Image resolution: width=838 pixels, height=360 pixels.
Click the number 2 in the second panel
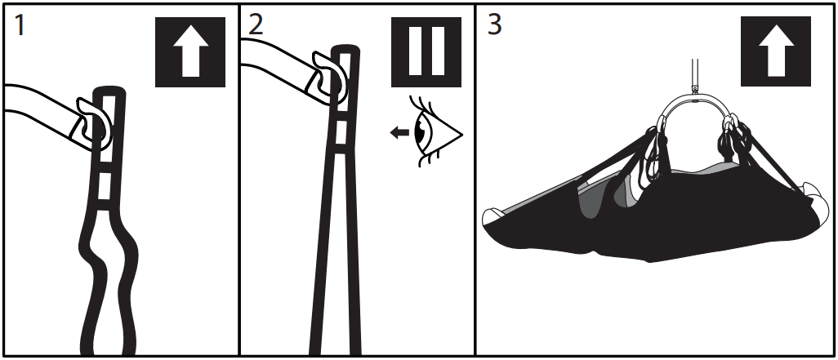[256, 24]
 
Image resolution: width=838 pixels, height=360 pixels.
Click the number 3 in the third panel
[495, 24]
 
